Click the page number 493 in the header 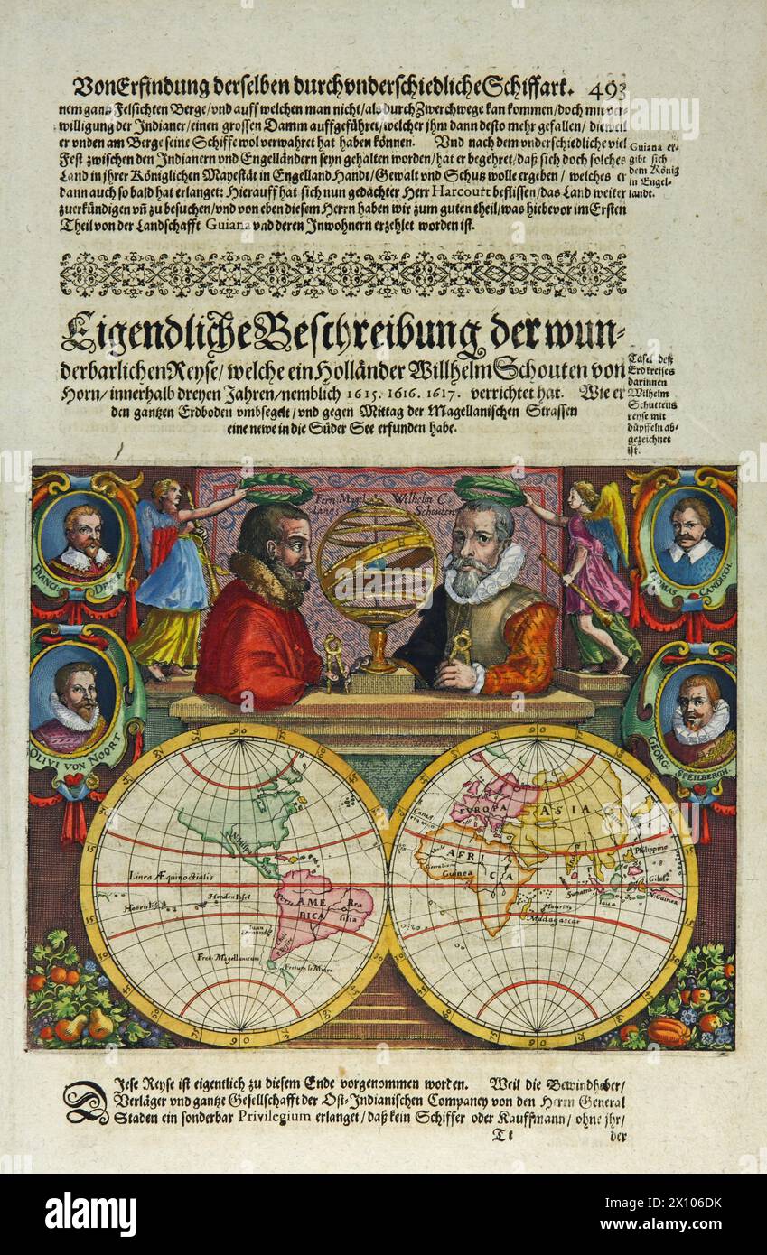(x=606, y=88)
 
